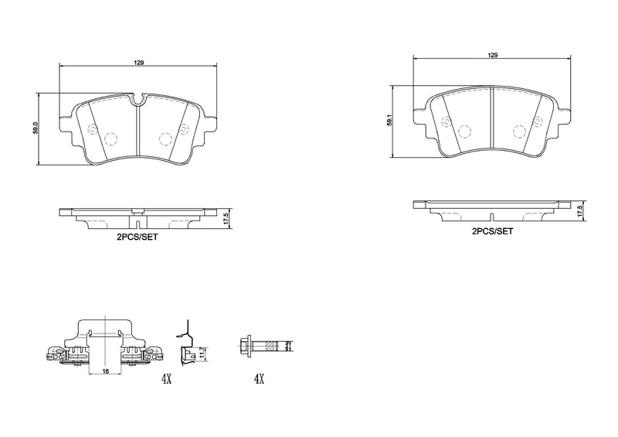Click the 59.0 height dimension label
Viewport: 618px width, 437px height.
click(35, 128)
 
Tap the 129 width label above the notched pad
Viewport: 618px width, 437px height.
click(138, 62)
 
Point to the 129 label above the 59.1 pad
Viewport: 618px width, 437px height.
click(492, 55)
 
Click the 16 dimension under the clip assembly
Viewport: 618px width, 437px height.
click(104, 371)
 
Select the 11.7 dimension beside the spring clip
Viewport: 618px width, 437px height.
click(202, 353)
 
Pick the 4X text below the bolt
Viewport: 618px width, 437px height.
click(259, 379)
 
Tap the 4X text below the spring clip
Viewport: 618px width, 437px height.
click(166, 379)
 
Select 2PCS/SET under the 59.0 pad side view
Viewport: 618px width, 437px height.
click(138, 239)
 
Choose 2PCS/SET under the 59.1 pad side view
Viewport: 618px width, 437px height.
click(492, 231)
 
